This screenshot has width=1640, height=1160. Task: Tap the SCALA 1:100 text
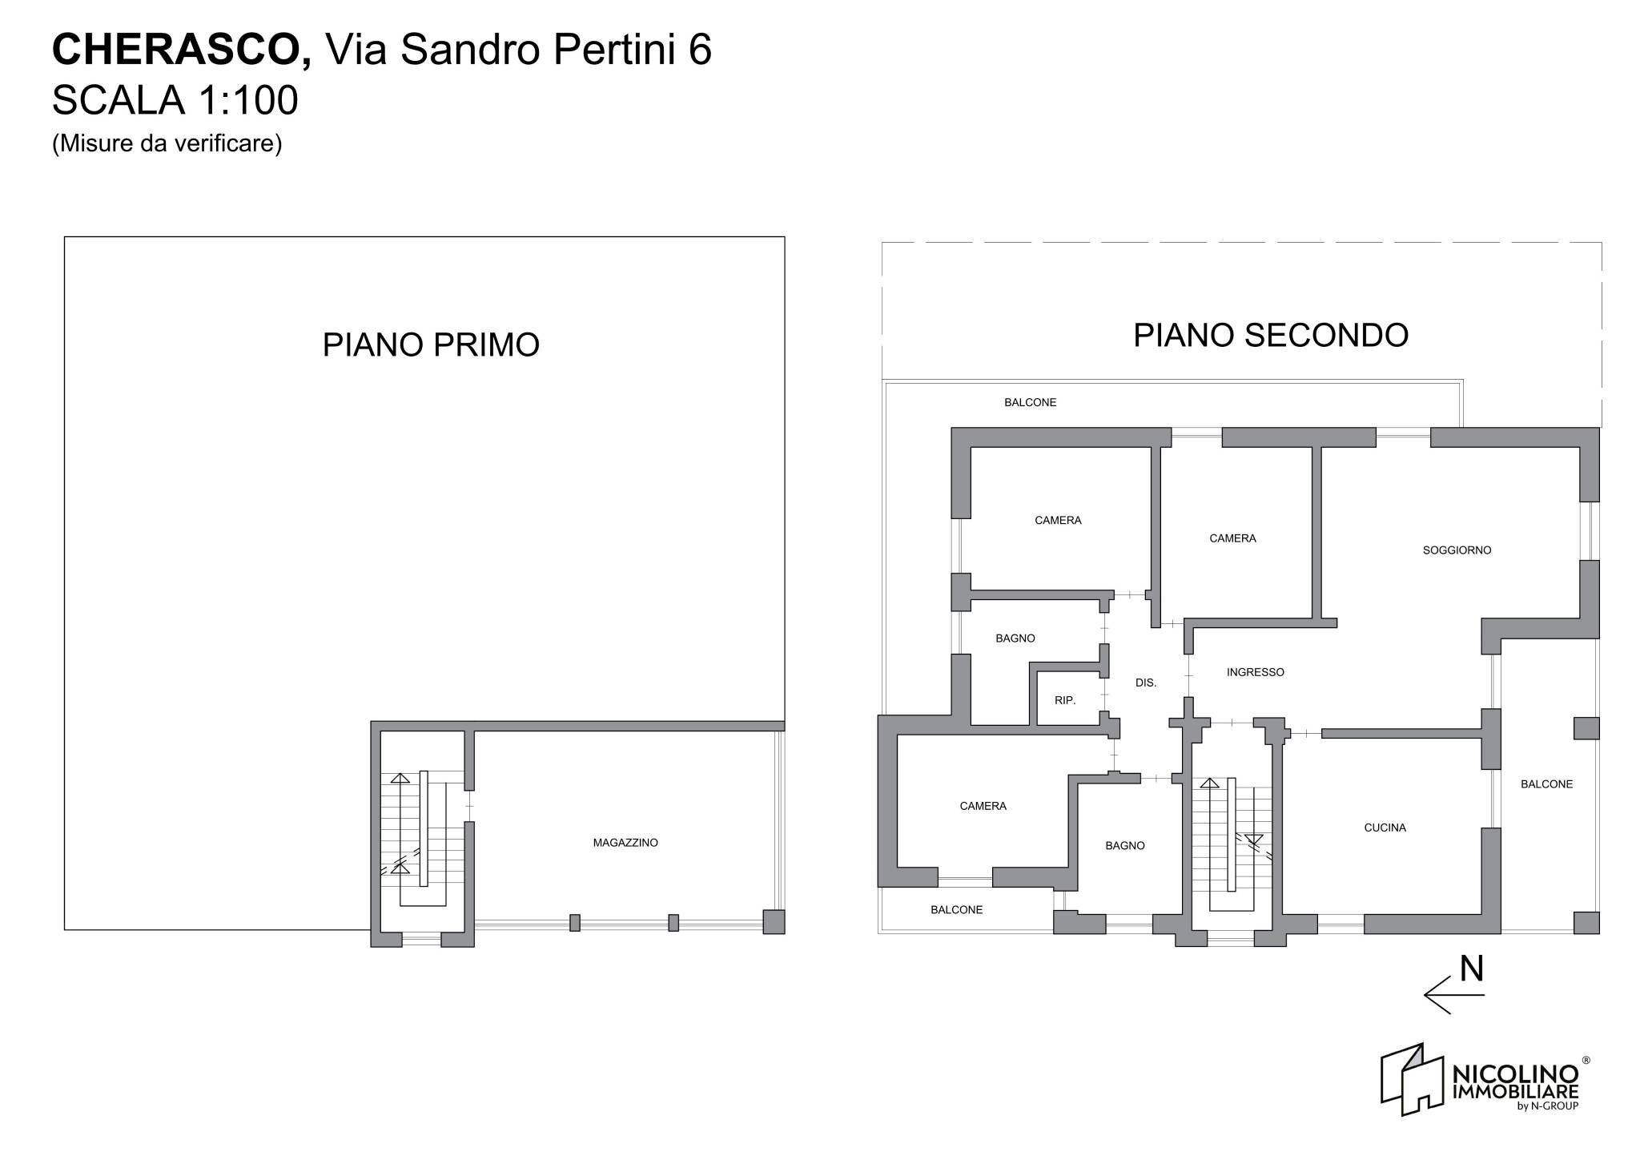click(175, 101)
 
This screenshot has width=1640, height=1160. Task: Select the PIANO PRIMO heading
click(431, 345)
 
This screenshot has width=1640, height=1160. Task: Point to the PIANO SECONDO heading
click(1271, 335)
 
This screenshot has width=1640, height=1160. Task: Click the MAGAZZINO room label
click(625, 843)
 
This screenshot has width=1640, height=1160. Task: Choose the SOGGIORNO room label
click(1457, 550)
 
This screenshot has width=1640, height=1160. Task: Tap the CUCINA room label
click(1385, 828)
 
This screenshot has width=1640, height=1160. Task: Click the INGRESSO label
click(1255, 672)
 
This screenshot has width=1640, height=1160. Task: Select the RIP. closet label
click(1064, 700)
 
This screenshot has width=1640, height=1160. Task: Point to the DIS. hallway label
click(1146, 683)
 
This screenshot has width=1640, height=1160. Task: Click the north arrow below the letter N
click(1453, 995)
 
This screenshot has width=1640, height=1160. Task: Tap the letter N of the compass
click(1472, 969)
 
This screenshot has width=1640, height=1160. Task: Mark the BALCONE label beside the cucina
click(1546, 784)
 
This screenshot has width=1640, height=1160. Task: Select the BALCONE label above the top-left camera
click(1030, 402)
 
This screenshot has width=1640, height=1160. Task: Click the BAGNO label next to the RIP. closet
click(1015, 638)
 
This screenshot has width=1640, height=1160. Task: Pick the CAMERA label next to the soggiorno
click(1232, 538)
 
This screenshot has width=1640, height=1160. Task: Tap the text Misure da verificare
click(167, 143)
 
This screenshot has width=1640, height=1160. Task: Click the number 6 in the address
click(700, 50)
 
